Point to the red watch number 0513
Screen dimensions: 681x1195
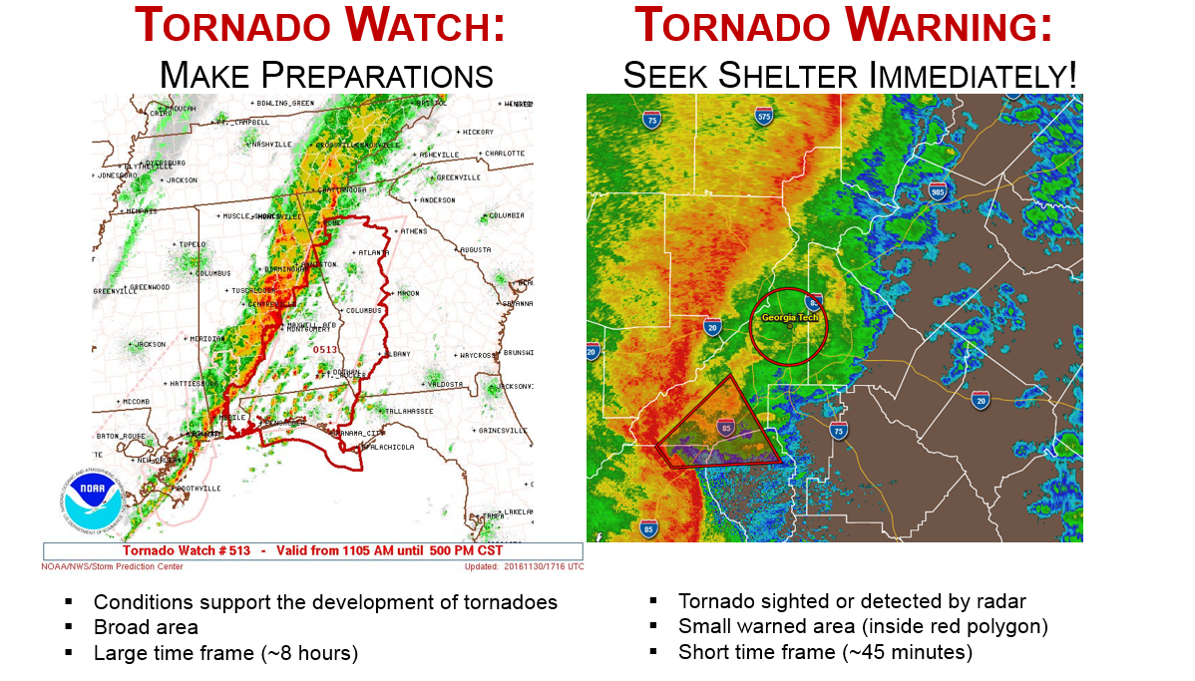pyautogui.click(x=325, y=349)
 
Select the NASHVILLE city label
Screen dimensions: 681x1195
pyautogui.click(x=270, y=144)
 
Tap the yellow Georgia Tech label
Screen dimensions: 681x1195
pyautogui.click(x=789, y=317)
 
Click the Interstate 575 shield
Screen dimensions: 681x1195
pyautogui.click(x=764, y=117)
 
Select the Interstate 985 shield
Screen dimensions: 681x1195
pyautogui.click(x=937, y=191)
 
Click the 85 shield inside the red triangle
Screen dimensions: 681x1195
pyautogui.click(x=724, y=427)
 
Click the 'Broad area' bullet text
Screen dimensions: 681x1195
pyautogui.click(x=146, y=627)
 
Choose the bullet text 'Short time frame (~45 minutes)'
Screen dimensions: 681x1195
pyautogui.click(x=825, y=652)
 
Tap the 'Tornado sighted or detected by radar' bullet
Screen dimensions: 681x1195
pyautogui.click(x=852, y=601)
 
